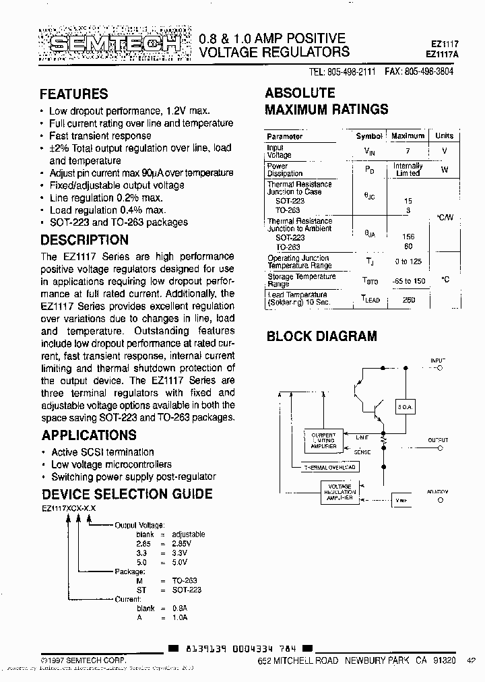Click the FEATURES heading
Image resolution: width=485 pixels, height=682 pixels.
pyautogui.click(x=73, y=94)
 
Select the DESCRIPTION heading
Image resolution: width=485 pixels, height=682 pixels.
pyautogui.click(x=84, y=240)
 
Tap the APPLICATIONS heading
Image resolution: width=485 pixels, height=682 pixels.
pyautogui.click(x=88, y=435)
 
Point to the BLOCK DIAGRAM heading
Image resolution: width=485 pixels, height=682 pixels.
pyautogui.click(x=322, y=336)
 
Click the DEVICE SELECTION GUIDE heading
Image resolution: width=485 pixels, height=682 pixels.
pyautogui.click(x=127, y=494)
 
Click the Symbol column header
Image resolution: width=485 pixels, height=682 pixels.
pyautogui.click(x=368, y=135)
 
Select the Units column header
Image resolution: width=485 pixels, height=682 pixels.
pyautogui.click(x=444, y=135)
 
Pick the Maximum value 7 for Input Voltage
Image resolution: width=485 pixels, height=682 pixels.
pyautogui.click(x=408, y=152)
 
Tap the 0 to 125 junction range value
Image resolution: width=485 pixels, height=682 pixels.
pyautogui.click(x=408, y=261)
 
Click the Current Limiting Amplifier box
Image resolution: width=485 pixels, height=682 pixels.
pyautogui.click(x=324, y=441)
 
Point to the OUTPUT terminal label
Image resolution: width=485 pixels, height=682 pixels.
pyautogui.click(x=437, y=439)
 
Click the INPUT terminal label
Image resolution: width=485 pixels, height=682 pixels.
pyautogui.click(x=437, y=363)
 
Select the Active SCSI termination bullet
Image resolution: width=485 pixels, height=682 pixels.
pyautogui.click(x=102, y=452)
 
